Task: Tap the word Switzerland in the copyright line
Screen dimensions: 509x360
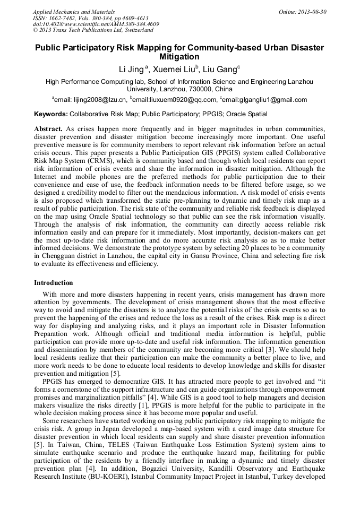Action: click(135, 30)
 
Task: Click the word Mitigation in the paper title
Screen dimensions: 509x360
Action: click(179, 57)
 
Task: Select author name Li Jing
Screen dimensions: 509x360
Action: click(131, 69)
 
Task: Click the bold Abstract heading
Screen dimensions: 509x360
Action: click(48, 129)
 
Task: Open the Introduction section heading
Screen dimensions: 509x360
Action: click(54, 283)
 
